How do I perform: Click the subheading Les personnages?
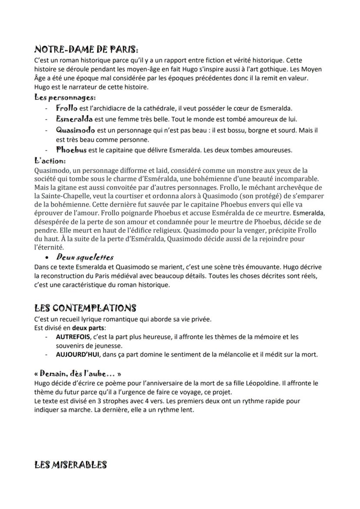pyautogui.click(x=65, y=97)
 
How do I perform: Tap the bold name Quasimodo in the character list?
pyautogui.click(x=76, y=130)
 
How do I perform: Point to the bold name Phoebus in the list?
pyautogui.click(x=71, y=150)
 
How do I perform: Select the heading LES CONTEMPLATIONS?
pyautogui.click(x=85, y=308)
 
